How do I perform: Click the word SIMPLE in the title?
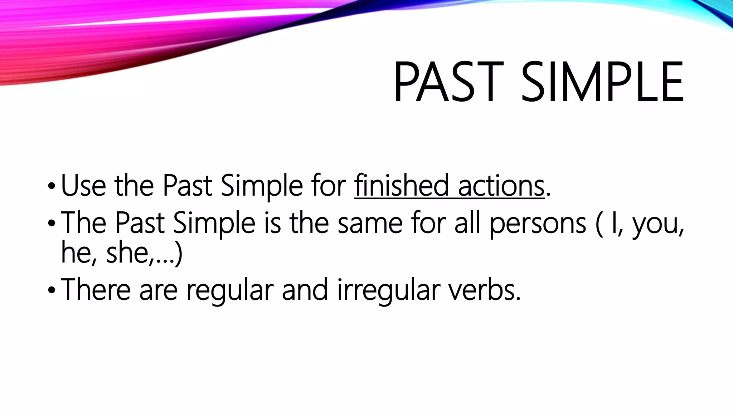[602, 82]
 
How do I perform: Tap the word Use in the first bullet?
[83, 186]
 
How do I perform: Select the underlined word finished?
[401, 186]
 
